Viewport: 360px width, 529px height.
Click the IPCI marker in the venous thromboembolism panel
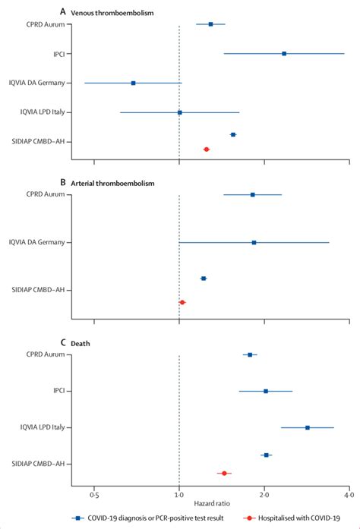pos(284,54)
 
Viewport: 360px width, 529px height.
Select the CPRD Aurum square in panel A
pos(210,25)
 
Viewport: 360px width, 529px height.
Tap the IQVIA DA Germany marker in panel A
pos(134,83)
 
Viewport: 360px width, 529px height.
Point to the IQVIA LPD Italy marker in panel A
pos(180,112)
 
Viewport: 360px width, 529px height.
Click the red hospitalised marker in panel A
pos(206,150)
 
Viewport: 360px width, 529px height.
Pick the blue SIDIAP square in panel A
pos(233,134)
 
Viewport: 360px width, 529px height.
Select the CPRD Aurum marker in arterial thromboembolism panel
pos(253,195)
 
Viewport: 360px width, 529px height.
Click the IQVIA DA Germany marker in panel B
pos(254,243)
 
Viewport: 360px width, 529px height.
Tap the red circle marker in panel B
pos(182,302)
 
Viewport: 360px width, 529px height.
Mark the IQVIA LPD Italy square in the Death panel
pos(308,428)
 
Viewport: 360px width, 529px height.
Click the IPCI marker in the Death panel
pos(266,392)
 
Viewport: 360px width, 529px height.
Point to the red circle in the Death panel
pos(224,473)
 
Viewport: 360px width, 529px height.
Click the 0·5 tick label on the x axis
pos(93,494)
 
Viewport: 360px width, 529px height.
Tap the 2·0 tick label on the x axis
pos(264,494)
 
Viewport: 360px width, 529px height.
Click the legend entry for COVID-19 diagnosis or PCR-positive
pos(144,518)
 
